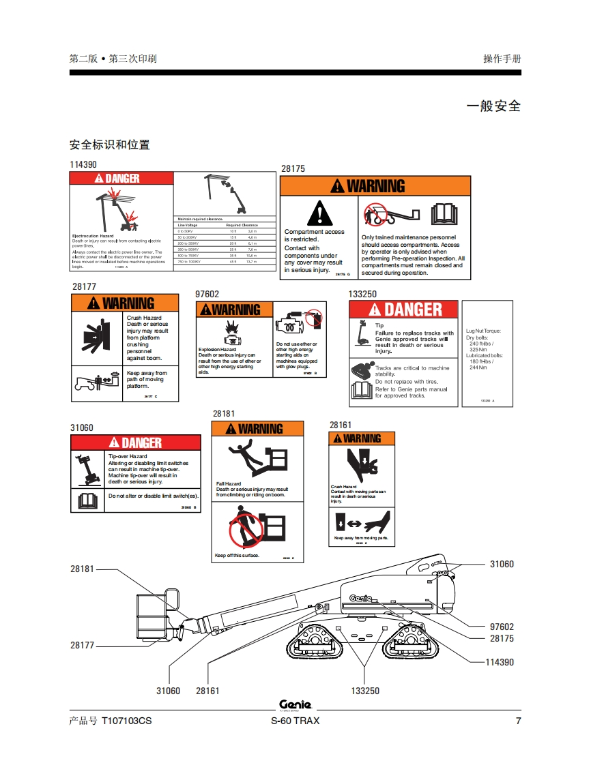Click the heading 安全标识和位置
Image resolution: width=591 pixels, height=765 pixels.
point(110,145)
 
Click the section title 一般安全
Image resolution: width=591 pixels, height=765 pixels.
point(493,106)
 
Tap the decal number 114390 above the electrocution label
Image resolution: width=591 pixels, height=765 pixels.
point(83,164)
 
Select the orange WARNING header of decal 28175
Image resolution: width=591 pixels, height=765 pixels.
point(375,186)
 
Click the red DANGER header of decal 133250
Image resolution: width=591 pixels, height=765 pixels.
point(403,310)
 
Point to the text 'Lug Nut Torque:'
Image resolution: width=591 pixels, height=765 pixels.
point(483,331)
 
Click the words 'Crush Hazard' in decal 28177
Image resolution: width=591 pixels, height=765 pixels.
point(144,318)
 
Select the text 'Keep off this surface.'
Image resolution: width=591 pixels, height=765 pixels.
point(237,556)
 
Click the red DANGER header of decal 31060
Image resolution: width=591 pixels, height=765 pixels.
point(136,442)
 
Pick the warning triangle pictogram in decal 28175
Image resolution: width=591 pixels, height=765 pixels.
point(319,213)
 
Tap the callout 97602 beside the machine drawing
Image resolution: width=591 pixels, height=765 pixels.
point(502,627)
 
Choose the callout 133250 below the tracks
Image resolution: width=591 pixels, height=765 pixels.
point(364,691)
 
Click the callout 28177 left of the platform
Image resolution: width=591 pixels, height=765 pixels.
point(83,645)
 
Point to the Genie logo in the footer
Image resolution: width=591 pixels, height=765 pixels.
point(295,705)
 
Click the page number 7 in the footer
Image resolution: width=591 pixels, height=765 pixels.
point(518,721)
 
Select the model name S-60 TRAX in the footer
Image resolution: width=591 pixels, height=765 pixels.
point(295,721)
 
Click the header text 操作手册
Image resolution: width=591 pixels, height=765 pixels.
point(502,59)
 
